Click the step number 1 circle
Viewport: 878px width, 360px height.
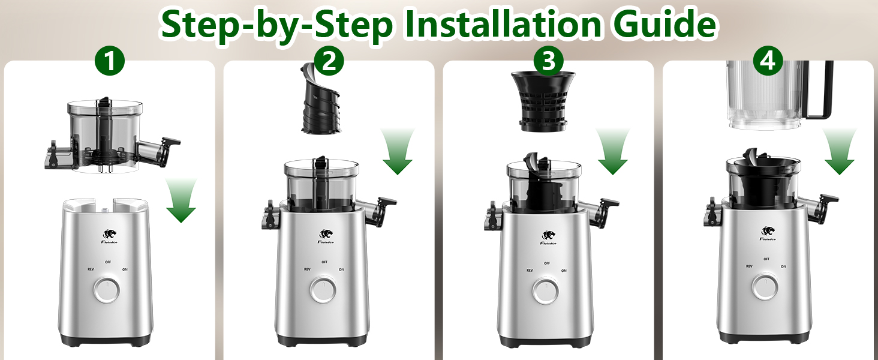[x=110, y=62]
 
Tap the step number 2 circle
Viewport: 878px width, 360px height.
[x=329, y=62]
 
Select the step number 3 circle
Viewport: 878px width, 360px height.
[x=548, y=62]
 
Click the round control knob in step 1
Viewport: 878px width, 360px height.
[x=106, y=290]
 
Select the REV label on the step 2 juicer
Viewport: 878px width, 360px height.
[x=307, y=269]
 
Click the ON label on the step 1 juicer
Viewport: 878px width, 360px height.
[x=125, y=269]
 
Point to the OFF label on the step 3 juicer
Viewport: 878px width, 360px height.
[x=547, y=263]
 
